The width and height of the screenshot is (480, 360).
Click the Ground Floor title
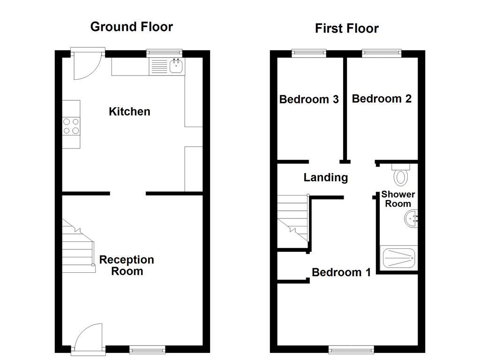click(x=131, y=27)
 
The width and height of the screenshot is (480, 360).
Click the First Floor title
click(x=346, y=29)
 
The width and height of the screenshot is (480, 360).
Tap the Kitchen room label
click(x=129, y=112)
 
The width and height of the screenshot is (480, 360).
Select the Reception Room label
click(x=127, y=265)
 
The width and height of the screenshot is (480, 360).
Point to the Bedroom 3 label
click(x=309, y=99)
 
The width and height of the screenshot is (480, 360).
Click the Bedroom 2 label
click(x=382, y=98)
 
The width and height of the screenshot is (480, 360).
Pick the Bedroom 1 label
click(x=341, y=272)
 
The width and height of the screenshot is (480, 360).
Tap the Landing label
click(x=326, y=178)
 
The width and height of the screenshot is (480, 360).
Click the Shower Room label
click(x=398, y=199)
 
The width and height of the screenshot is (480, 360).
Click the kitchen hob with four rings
click(x=71, y=125)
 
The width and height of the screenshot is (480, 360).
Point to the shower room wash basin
click(x=411, y=219)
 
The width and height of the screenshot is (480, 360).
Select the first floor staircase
click(x=292, y=219)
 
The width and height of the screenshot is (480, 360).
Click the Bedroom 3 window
click(x=308, y=52)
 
